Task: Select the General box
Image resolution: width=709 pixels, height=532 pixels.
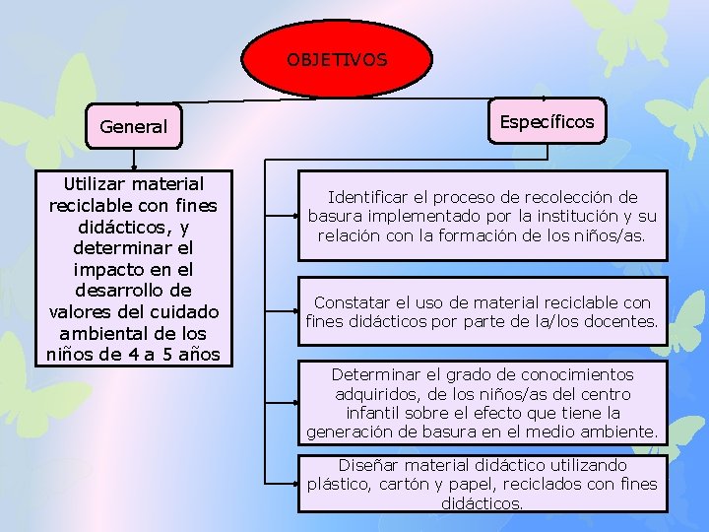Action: pos(133,126)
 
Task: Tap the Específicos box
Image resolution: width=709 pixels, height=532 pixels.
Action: pos(547,122)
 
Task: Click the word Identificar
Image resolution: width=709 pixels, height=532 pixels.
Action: pos(367,198)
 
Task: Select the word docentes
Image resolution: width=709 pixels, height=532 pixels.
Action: pos(622,321)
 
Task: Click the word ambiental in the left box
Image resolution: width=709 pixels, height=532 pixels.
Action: pos(98,332)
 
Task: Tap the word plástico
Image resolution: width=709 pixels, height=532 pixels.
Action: pos(338,484)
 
